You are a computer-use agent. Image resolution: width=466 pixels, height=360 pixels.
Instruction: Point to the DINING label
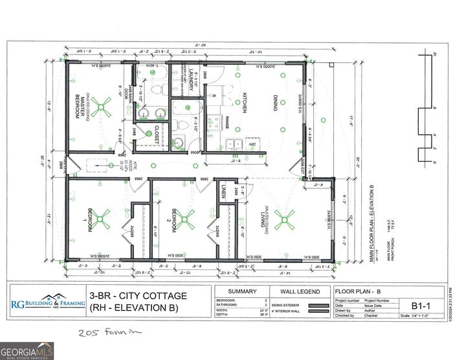point(274,104)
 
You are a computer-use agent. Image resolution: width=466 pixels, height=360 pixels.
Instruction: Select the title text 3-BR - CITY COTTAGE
point(139,296)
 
